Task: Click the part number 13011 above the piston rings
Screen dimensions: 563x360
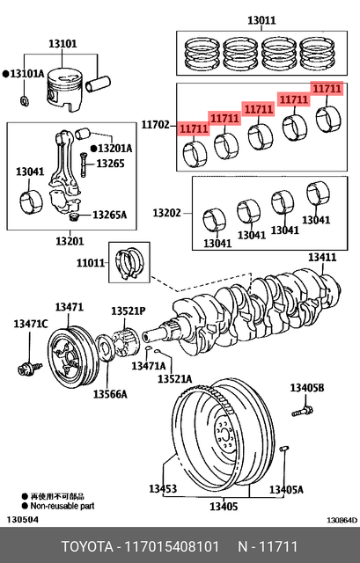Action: (261, 19)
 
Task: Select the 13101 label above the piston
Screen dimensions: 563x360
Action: (61, 42)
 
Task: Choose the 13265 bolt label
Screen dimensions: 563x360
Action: (111, 164)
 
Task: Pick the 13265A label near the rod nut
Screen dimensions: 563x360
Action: (111, 215)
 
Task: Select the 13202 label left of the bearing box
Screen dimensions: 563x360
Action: (165, 213)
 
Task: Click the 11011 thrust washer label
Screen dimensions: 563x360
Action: (91, 262)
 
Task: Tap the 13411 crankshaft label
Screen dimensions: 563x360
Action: (321, 258)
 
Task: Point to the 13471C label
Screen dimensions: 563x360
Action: (29, 325)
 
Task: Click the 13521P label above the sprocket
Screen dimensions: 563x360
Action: (128, 311)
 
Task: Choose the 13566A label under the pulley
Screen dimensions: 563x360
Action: (111, 392)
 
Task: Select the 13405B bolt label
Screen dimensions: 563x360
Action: (307, 388)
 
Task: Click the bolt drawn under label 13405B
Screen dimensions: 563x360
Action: (304, 408)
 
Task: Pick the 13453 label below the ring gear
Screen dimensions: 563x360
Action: (162, 488)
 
